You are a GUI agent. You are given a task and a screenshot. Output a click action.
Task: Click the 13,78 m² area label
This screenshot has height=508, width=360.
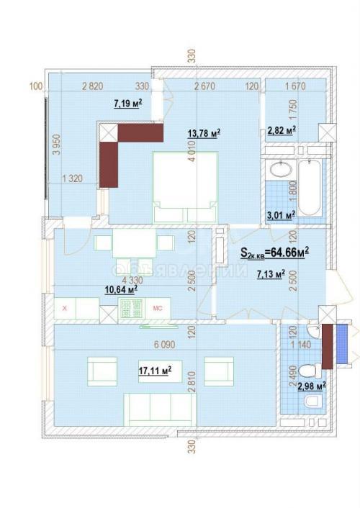pyautogui.click(x=204, y=132)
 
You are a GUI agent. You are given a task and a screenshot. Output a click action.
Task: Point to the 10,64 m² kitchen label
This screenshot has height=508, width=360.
pyautogui.click(x=119, y=289)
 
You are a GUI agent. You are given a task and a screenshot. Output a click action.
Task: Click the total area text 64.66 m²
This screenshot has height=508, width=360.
pyautogui.click(x=274, y=253)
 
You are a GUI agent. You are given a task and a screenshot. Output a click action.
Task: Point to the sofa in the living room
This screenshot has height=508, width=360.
pyautogui.click(x=158, y=410)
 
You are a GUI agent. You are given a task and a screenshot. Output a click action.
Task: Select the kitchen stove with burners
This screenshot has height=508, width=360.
pyautogui.click(x=132, y=309)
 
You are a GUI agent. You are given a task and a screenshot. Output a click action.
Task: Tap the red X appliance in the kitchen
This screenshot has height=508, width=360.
pyautogui.click(x=66, y=309)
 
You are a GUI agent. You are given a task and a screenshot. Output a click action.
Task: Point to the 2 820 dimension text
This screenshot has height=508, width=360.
pyautogui.click(x=91, y=87)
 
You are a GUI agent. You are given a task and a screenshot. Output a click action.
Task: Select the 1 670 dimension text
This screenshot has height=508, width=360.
pyautogui.click(x=295, y=87)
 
